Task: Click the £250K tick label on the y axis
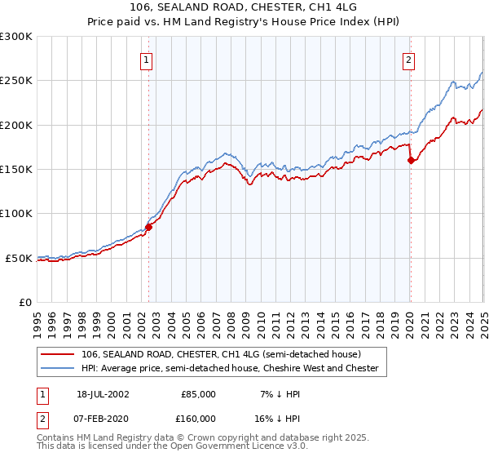[x=16, y=81]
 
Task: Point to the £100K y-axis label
[x=16, y=214]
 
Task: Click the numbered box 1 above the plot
[x=146, y=59]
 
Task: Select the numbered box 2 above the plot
[x=407, y=59]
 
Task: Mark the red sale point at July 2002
[x=149, y=227]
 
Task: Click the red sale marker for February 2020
[x=410, y=160]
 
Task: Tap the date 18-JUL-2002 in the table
[x=101, y=393]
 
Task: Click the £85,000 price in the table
[x=198, y=393]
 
